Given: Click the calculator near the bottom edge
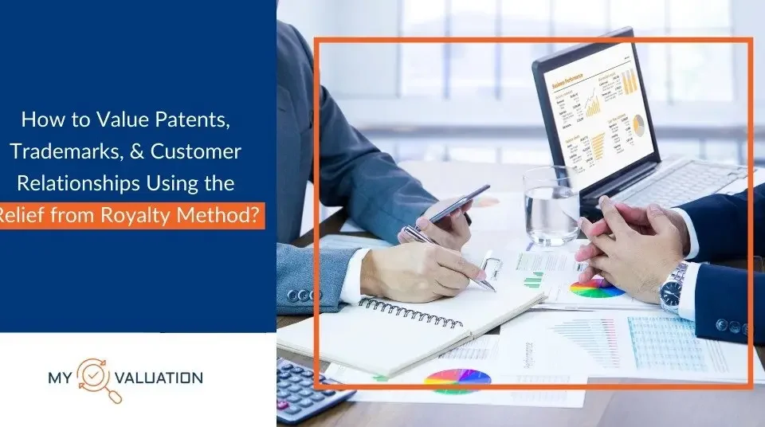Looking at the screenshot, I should pyautogui.click(x=311, y=390).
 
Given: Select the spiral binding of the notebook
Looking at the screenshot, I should pyautogui.click(x=410, y=311).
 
